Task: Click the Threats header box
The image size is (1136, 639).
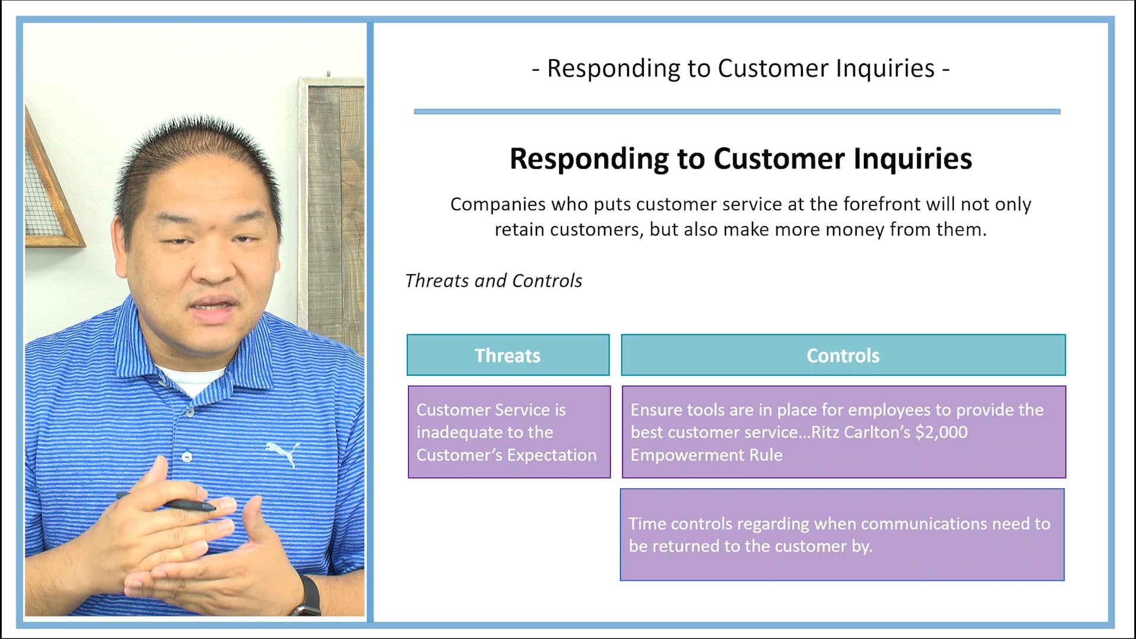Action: coord(508,355)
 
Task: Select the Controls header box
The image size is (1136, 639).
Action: coord(843,355)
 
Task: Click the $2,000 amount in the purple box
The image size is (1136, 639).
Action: coord(941,433)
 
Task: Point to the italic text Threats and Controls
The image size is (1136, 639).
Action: coord(493,280)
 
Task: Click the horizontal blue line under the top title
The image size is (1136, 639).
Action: coord(737,111)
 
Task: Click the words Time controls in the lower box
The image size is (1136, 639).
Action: coord(680,524)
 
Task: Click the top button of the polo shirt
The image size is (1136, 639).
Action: coord(189,412)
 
